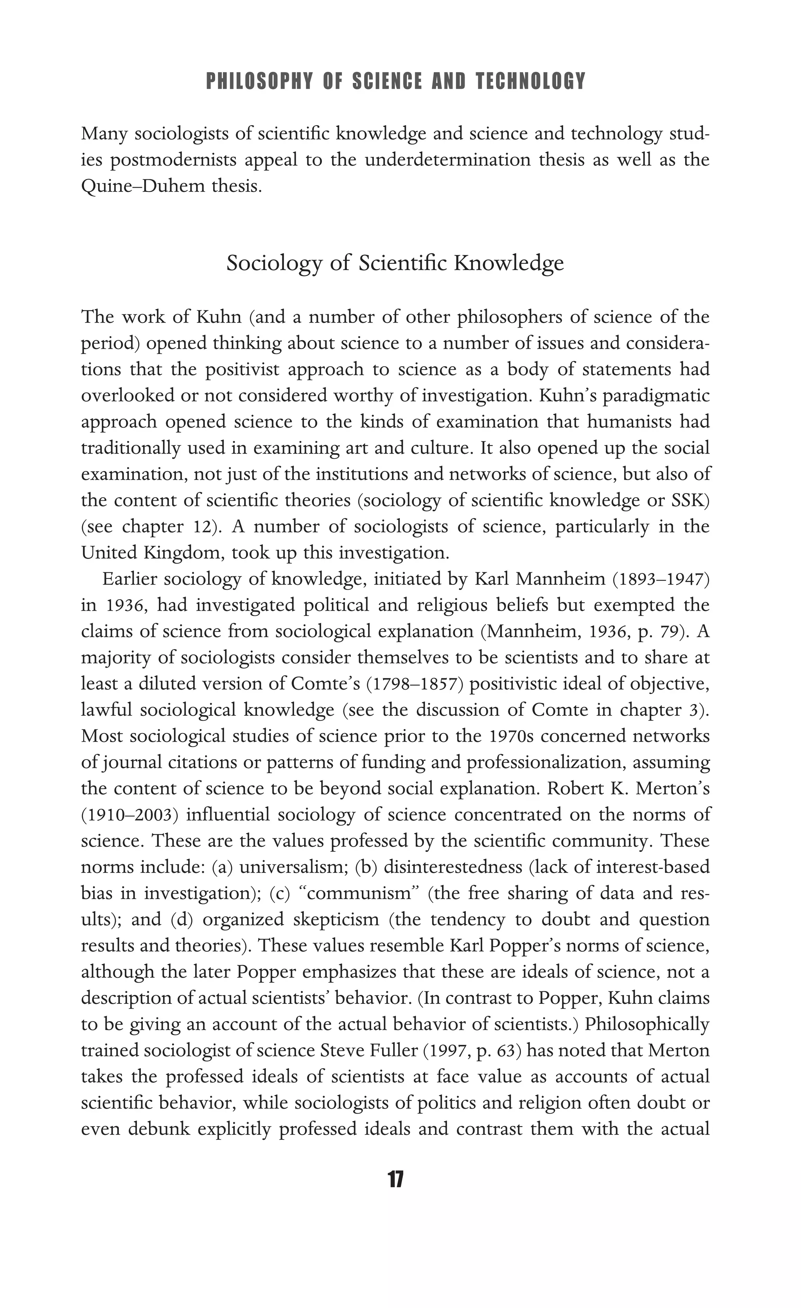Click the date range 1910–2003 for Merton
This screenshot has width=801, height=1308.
[129, 815]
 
